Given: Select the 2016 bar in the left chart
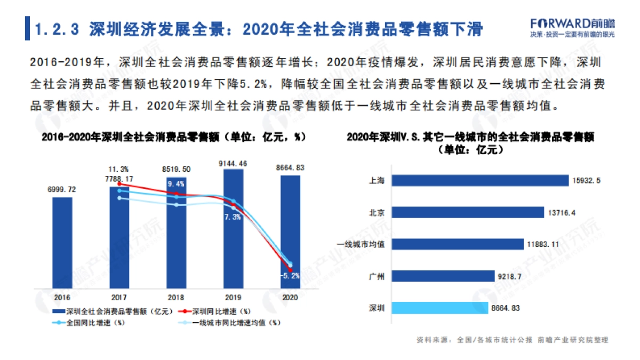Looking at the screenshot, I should pyautogui.click(x=62, y=242).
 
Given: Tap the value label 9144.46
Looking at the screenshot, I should pyautogui.click(x=233, y=164).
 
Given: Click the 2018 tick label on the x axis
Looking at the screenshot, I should pyautogui.click(x=176, y=297).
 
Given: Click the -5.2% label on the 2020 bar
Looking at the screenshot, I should pyautogui.click(x=290, y=276).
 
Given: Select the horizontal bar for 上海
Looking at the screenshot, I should pyautogui.click(x=480, y=180).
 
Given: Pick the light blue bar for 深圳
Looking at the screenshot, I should pyautogui.click(x=439, y=308).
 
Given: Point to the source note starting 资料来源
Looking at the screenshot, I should pyautogui.click(x=512, y=340).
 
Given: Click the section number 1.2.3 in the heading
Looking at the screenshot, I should pyautogui.click(x=57, y=29).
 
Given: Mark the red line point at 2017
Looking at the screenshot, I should pyautogui.click(x=119, y=183).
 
